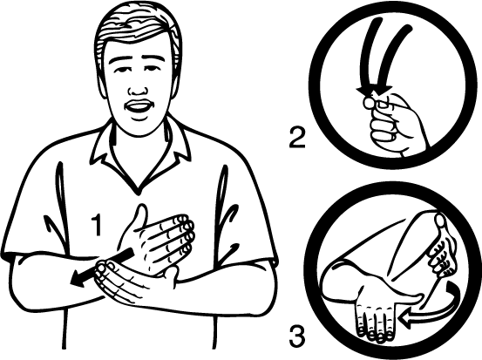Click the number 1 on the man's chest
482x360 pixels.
(97, 226)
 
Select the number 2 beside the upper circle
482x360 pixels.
(297, 138)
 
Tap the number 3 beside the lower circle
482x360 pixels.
(297, 336)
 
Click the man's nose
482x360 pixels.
(138, 88)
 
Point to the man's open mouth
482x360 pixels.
(138, 108)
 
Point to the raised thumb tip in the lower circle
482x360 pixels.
(440, 221)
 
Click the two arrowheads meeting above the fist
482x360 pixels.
(375, 91)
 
